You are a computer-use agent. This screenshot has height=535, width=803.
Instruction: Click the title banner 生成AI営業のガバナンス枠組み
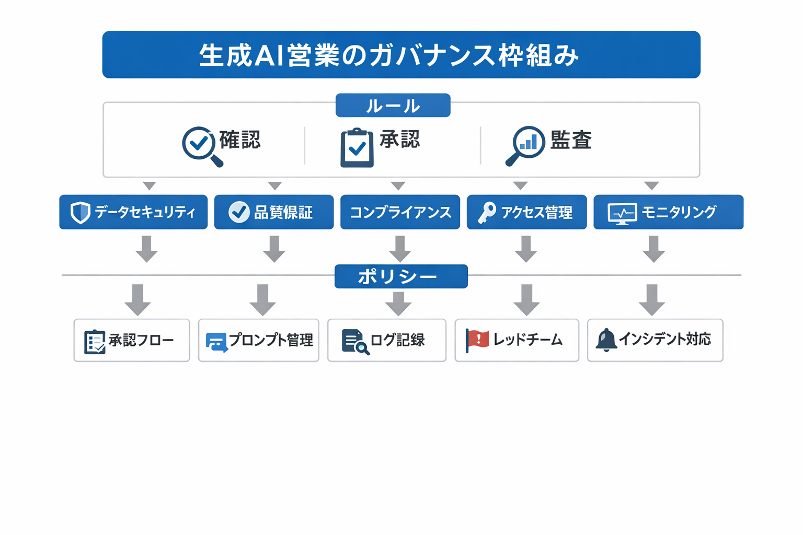[401, 55]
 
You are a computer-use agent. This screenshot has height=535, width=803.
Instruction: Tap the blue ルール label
[393, 106]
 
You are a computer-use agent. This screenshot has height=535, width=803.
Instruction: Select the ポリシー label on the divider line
[401, 276]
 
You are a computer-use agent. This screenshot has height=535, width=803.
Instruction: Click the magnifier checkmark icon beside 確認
[201, 145]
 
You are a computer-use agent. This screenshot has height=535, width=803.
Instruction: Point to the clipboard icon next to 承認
[357, 148]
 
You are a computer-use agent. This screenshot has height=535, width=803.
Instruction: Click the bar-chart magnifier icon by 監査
[526, 145]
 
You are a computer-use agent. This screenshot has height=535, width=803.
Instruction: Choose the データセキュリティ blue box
[133, 212]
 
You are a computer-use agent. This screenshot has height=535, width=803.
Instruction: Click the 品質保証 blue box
[273, 212]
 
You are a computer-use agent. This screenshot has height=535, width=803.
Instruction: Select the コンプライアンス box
[400, 212]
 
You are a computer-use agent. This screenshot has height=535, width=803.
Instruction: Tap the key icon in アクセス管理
[487, 212]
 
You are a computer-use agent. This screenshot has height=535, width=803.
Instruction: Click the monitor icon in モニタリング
[622, 213]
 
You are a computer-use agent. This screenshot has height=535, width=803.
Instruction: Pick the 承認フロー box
[132, 340]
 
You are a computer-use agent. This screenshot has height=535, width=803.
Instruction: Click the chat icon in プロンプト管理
[216, 342]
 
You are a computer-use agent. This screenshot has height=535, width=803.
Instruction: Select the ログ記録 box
[387, 340]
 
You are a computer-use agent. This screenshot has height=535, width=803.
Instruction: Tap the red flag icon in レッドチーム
[477, 340]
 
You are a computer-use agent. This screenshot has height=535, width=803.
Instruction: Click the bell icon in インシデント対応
[606, 340]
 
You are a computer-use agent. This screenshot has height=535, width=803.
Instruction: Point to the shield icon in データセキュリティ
[81, 212]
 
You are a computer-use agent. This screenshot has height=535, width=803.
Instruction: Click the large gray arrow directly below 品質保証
[274, 249]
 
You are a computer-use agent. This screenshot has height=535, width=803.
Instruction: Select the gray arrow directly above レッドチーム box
[526, 299]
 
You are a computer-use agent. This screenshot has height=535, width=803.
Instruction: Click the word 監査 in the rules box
[570, 140]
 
